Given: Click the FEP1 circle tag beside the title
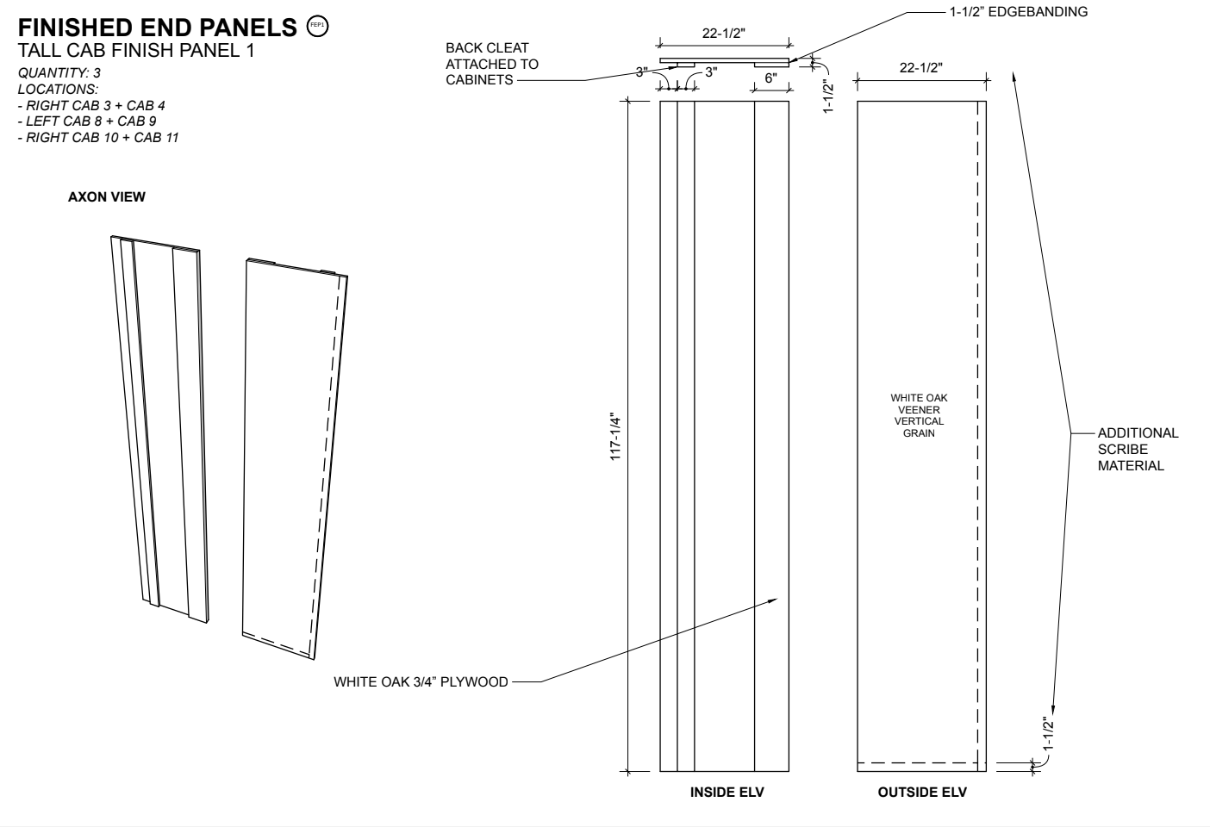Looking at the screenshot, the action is pyautogui.click(x=318, y=26).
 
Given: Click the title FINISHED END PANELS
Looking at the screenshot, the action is pyautogui.click(x=157, y=28).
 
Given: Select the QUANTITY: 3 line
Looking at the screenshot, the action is pyautogui.click(x=59, y=73).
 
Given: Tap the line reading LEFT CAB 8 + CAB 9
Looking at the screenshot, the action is pyautogui.click(x=87, y=121).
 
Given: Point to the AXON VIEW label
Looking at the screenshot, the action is pyautogui.click(x=106, y=197).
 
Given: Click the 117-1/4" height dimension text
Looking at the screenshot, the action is pyautogui.click(x=615, y=438).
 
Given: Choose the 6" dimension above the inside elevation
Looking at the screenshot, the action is pyautogui.click(x=770, y=78).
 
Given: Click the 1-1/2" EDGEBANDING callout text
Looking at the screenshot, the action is pyautogui.click(x=1019, y=12).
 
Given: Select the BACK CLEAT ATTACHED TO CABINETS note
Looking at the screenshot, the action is pyautogui.click(x=491, y=64).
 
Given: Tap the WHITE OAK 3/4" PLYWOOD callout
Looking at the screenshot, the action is pyautogui.click(x=421, y=681).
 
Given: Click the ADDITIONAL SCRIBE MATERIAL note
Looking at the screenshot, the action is pyautogui.click(x=1138, y=449).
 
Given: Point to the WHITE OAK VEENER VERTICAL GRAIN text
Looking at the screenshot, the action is pyautogui.click(x=919, y=415).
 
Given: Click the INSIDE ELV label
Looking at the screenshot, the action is pyautogui.click(x=727, y=792).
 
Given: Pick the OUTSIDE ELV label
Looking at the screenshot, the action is pyautogui.click(x=922, y=792).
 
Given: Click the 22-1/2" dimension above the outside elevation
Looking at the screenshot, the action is pyautogui.click(x=921, y=67).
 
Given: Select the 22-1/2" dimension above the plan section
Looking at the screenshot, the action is pyautogui.click(x=723, y=33).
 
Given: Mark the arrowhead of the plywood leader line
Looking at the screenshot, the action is pyautogui.click(x=777, y=599).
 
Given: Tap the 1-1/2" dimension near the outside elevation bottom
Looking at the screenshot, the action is pyautogui.click(x=1049, y=733).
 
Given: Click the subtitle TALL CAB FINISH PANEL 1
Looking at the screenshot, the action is pyautogui.click(x=136, y=50).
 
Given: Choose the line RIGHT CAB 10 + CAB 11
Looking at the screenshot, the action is pyautogui.click(x=98, y=138).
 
